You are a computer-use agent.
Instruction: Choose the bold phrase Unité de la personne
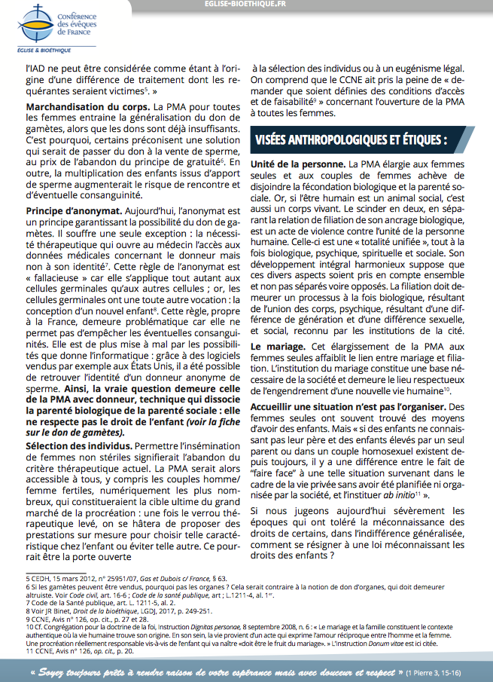coord(298,164)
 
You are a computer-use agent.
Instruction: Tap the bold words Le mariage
coord(276,345)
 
